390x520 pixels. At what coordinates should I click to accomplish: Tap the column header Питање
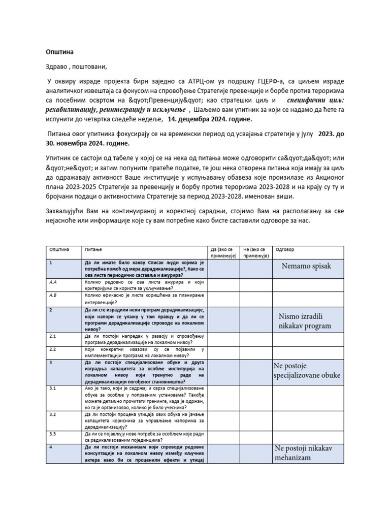93,250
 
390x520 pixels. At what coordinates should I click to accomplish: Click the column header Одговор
284,250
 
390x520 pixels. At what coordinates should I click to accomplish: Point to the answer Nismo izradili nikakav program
305,320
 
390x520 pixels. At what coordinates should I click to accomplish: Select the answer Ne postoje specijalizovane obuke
307,370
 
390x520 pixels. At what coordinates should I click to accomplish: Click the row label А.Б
52,294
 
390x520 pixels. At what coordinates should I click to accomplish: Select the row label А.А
52,280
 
